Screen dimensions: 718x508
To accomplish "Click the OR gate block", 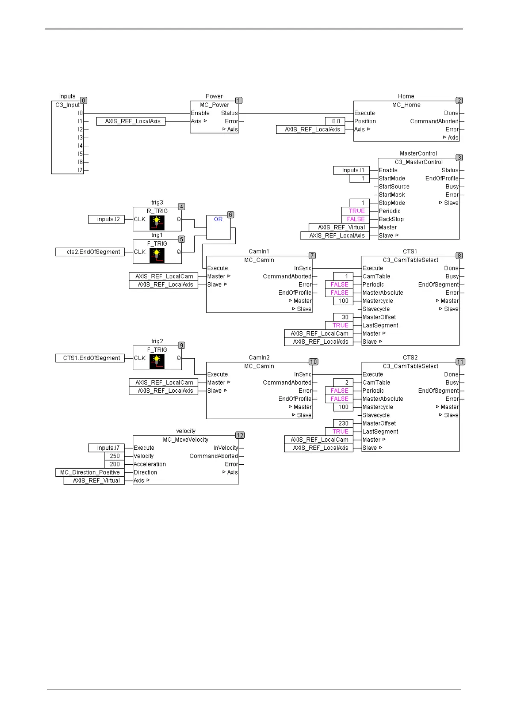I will (218, 227).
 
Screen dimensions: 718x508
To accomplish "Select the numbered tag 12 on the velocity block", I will (240, 435).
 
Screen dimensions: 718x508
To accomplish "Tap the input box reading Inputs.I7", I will (106, 448).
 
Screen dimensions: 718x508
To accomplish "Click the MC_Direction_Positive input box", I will (90, 472).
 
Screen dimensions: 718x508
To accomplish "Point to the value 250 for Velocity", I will (114, 456).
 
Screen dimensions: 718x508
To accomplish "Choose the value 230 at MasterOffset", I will (343, 423).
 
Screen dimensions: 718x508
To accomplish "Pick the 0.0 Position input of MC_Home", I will (336, 121).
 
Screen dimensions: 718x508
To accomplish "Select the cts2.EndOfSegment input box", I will (90, 252).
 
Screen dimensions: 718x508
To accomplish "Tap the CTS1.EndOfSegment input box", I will (90, 358).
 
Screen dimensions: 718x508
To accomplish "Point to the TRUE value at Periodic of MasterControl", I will (356, 211).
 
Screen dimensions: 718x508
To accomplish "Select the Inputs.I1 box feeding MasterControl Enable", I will (351, 170).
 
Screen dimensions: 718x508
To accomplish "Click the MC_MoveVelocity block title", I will (186, 440).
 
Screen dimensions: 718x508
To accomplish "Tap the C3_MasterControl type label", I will (418, 162).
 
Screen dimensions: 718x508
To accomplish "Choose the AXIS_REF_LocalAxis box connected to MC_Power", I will (131, 121).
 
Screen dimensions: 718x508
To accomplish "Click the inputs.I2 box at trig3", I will (106, 219).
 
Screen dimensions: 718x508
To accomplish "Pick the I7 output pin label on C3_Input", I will (80, 170).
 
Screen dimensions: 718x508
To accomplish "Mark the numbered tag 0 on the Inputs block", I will (84, 101).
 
